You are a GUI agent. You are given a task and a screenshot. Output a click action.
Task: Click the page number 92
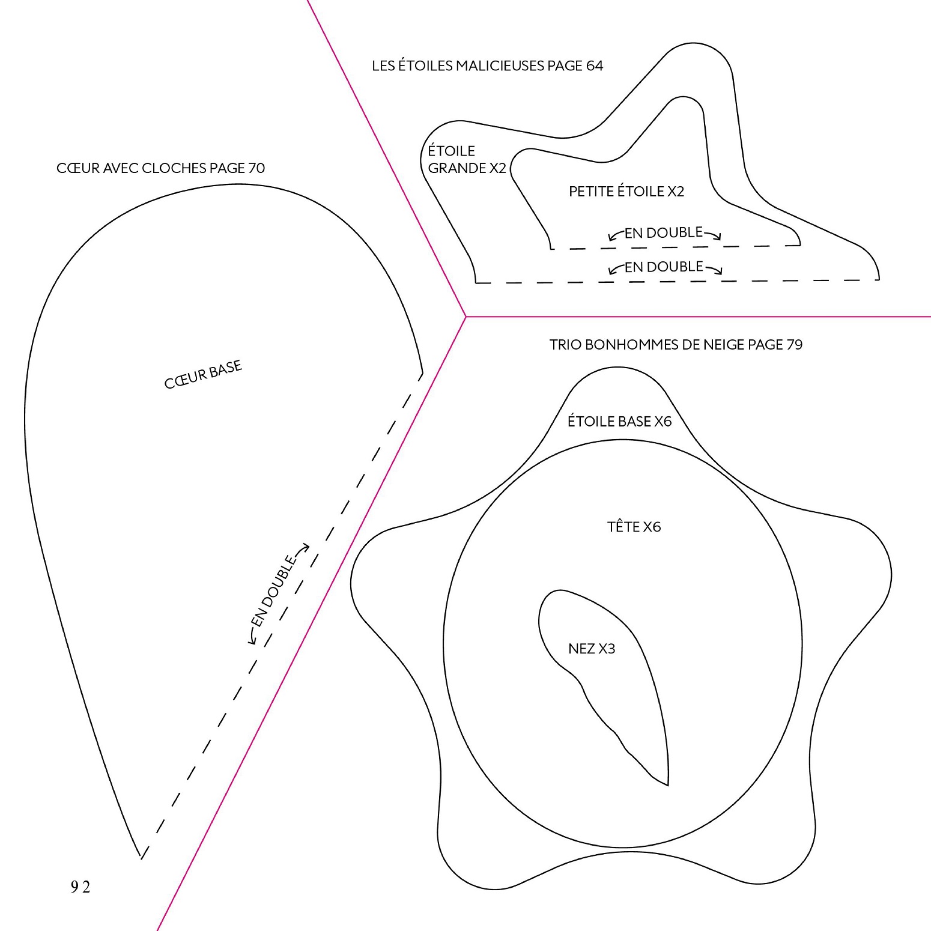80,887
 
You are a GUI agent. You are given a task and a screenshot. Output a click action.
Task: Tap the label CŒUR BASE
203,375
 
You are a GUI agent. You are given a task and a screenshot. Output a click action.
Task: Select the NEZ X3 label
592,649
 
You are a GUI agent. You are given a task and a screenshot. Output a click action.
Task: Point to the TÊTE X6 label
634,526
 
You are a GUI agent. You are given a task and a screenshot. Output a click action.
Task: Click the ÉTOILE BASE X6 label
619,421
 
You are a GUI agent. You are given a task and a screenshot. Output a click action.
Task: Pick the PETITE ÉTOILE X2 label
626,191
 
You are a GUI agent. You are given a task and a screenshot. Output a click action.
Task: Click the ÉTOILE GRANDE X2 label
467,159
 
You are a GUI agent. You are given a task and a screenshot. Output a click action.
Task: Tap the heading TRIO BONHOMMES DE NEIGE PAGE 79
676,345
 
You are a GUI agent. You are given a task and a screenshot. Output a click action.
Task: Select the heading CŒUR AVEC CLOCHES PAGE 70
160,168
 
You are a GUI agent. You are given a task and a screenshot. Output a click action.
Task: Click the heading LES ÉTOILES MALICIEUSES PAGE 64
487,65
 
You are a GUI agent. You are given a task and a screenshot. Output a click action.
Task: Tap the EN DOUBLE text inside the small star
664,232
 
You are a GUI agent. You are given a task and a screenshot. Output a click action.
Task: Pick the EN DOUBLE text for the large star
664,267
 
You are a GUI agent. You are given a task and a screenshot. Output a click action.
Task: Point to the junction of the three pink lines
466,317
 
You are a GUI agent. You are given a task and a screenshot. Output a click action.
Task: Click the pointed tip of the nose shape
668,785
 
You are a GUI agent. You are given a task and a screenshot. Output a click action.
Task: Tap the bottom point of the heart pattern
141,858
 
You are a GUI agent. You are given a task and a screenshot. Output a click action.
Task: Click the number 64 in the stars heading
595,65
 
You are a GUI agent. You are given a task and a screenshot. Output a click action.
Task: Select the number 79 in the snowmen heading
795,345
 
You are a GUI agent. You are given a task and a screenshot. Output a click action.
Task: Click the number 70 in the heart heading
256,168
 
